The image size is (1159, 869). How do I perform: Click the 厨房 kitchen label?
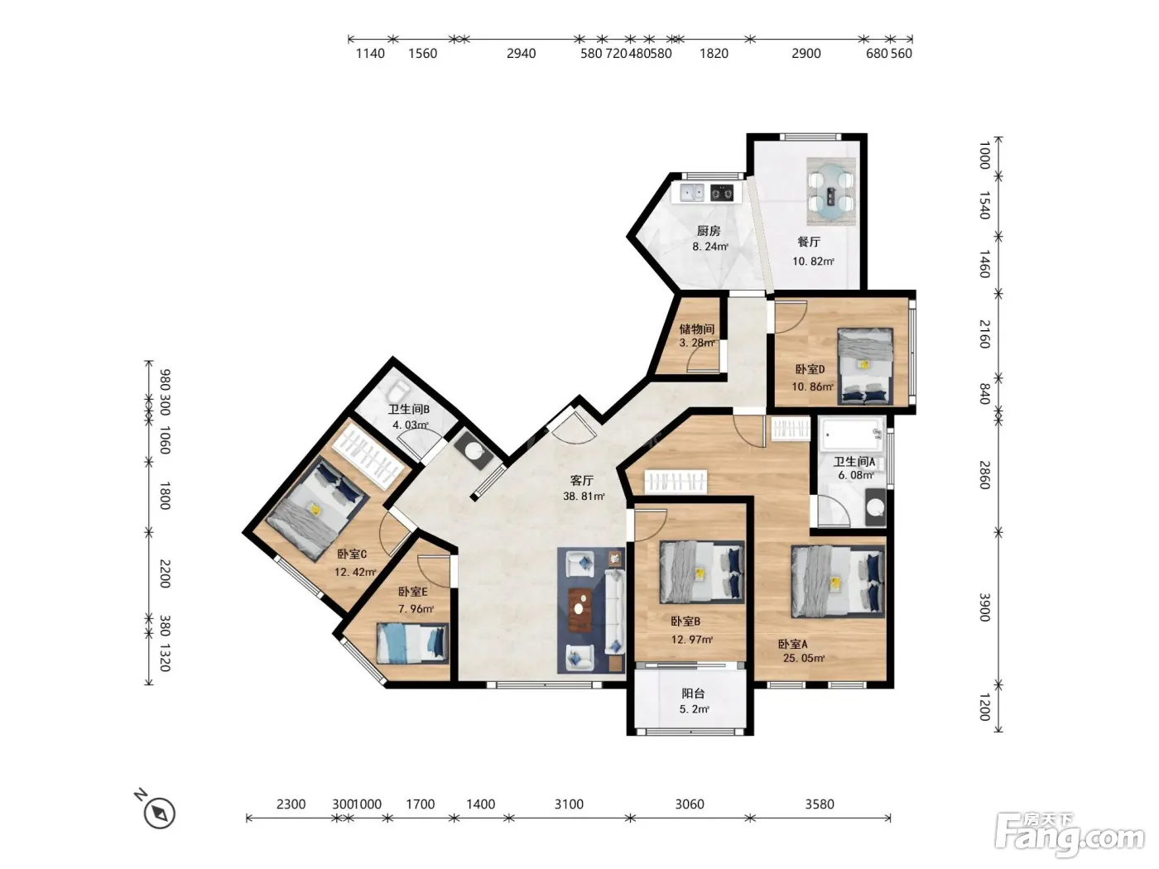pyautogui.click(x=708, y=231)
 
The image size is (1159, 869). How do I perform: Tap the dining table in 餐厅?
pyautogui.click(x=831, y=191)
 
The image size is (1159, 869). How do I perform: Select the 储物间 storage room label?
pyautogui.click(x=696, y=329)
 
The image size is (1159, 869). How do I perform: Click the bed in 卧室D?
pyautogui.click(x=865, y=367)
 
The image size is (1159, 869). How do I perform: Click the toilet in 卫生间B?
pyautogui.click(x=400, y=391)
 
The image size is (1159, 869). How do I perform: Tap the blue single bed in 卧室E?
pyautogui.click(x=412, y=643)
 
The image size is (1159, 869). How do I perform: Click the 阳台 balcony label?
pyautogui.click(x=693, y=694)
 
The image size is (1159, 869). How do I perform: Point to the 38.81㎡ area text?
pyautogui.click(x=584, y=496)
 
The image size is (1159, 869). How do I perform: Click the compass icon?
pyautogui.click(x=160, y=813)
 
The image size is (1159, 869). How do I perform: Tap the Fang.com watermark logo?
pyautogui.click(x=1070, y=835)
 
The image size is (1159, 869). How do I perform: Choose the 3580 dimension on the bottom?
pyautogui.click(x=820, y=804)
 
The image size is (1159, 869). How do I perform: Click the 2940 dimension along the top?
pyautogui.click(x=522, y=53)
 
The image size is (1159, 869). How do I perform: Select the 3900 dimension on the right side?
pyautogui.click(x=984, y=607)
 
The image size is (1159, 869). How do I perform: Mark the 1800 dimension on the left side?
pyautogui.click(x=165, y=496)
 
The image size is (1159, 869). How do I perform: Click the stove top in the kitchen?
pyautogui.click(x=722, y=193)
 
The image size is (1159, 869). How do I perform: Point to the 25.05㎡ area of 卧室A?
pyautogui.click(x=804, y=658)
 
